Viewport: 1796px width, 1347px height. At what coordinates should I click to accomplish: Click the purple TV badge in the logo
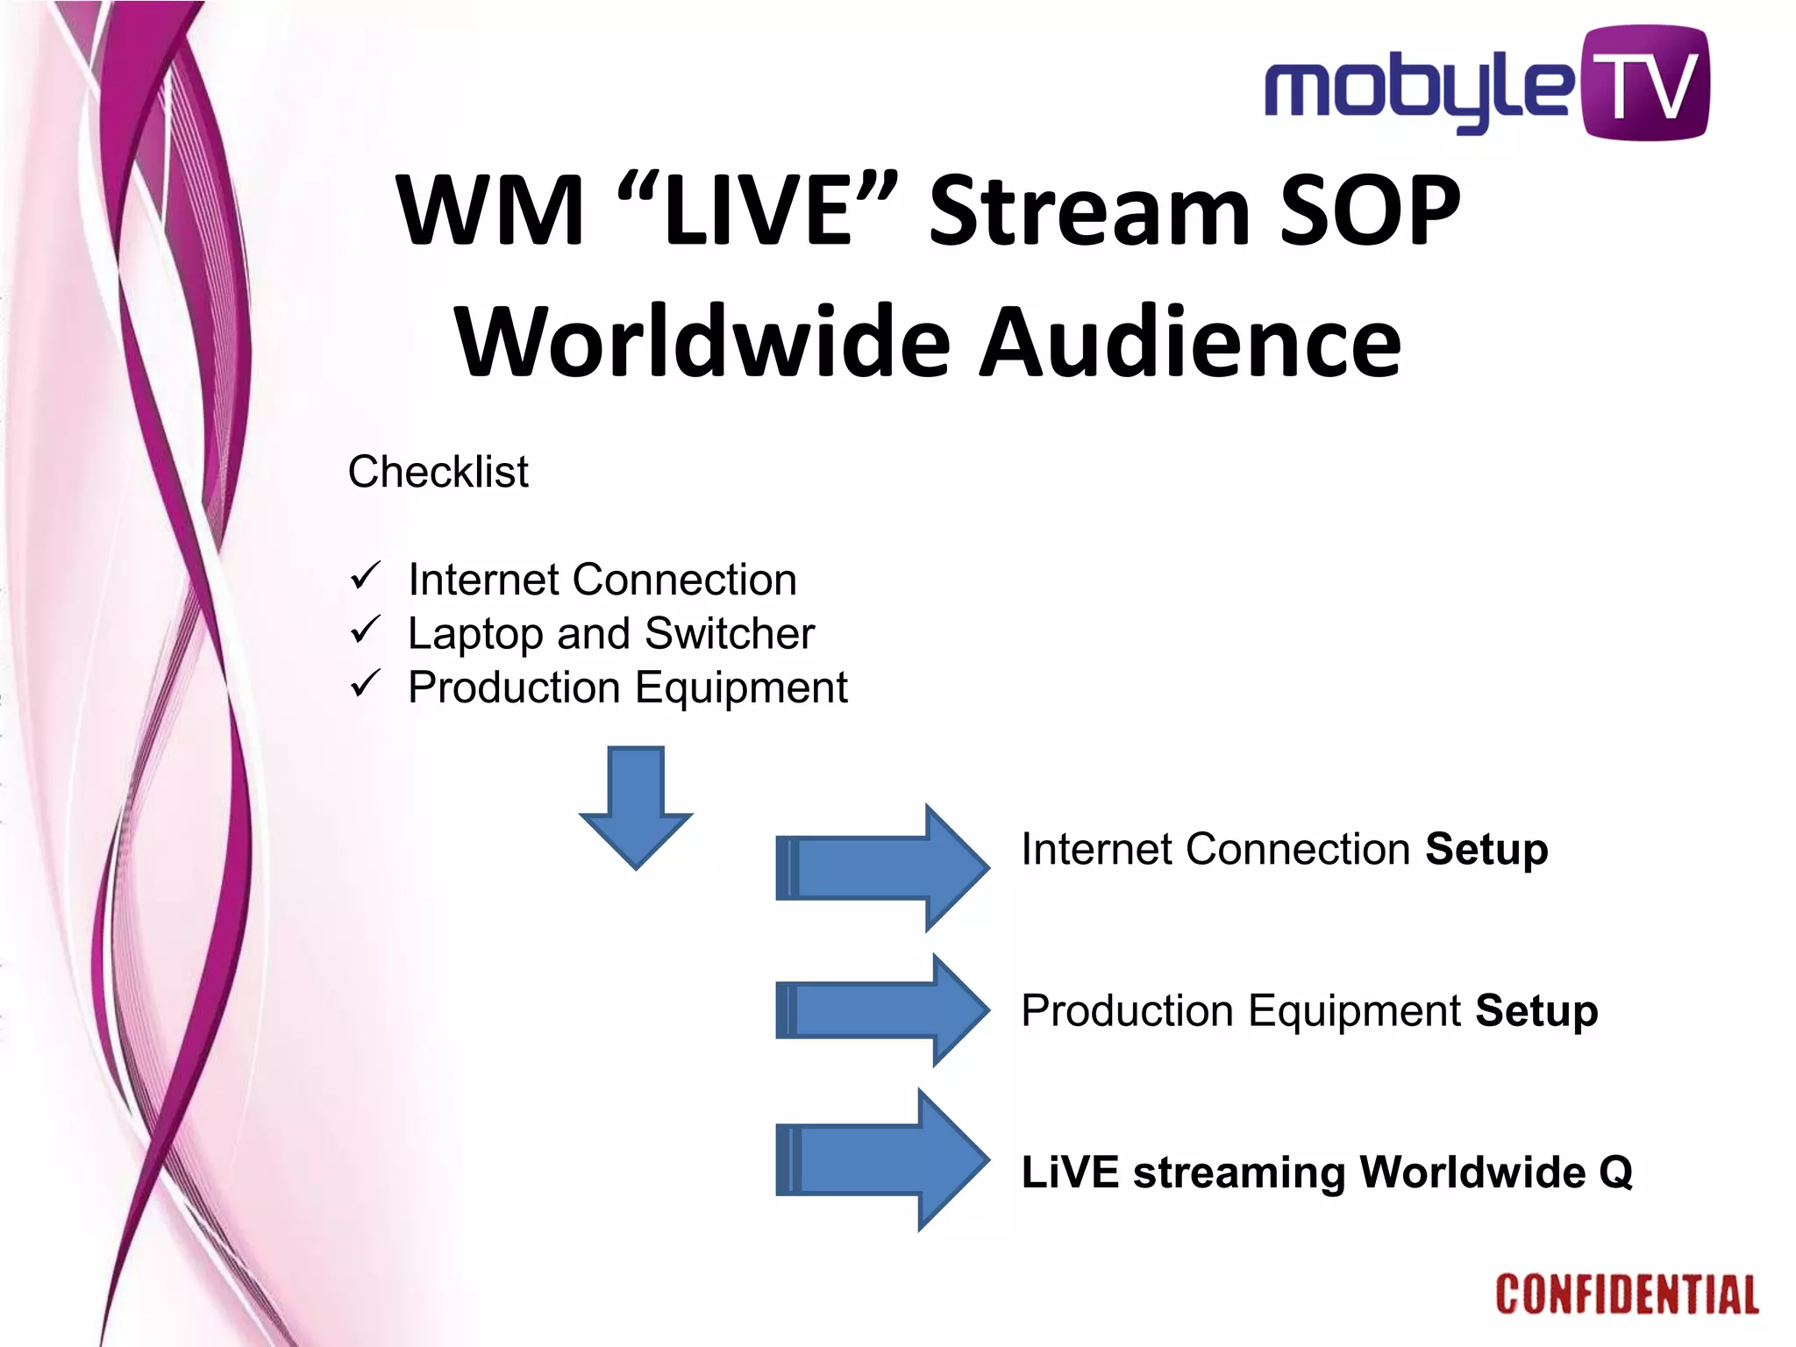tap(1644, 83)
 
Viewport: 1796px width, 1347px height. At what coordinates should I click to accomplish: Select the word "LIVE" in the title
tap(758, 210)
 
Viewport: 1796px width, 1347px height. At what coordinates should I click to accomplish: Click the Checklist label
tap(438, 472)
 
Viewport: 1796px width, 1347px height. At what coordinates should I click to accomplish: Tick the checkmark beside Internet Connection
tap(365, 576)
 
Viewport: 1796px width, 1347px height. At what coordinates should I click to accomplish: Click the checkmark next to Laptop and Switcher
tap(365, 630)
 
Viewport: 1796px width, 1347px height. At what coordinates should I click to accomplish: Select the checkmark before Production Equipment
tap(365, 683)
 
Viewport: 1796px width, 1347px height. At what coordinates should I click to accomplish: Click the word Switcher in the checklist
tap(729, 633)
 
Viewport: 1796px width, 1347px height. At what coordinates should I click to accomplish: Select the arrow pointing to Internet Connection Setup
tap(881, 868)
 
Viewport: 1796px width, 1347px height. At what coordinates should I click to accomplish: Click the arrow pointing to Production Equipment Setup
tap(881, 1010)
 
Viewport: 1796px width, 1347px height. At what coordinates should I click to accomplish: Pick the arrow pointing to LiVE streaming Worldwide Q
tap(881, 1160)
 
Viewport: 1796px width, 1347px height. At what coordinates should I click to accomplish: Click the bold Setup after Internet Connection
tap(1486, 850)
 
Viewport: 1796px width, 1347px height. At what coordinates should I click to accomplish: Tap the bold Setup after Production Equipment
tap(1536, 1011)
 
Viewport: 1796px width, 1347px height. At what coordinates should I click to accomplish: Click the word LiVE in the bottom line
tap(1070, 1172)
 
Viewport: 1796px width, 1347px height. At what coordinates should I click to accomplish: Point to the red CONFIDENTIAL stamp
tap(1627, 1295)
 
